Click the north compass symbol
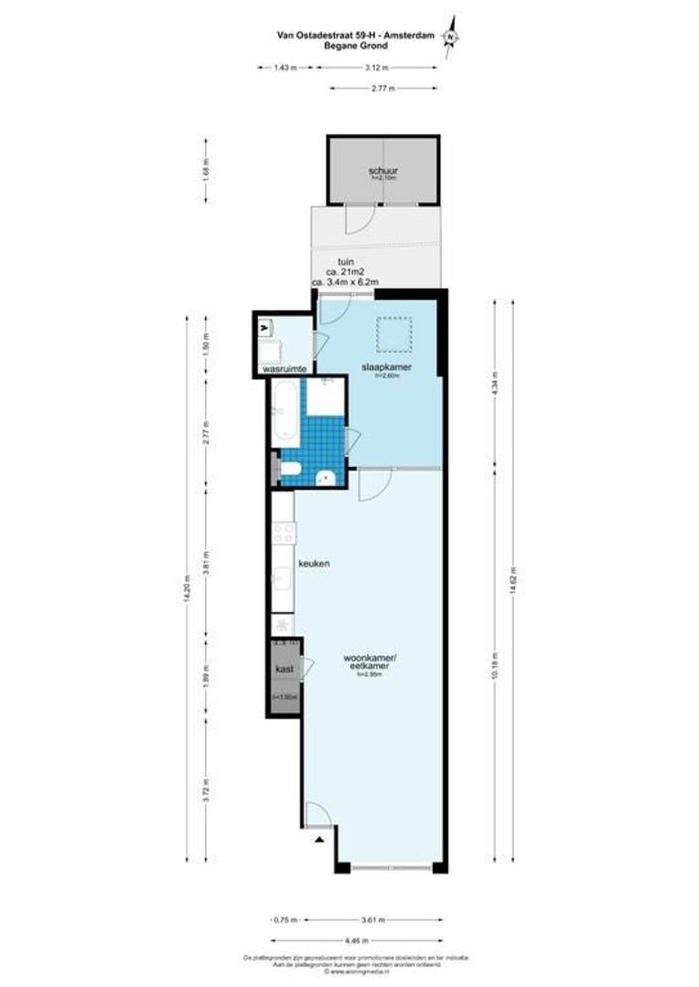(x=450, y=36)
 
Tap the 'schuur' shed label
(x=382, y=171)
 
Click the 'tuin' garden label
(x=346, y=261)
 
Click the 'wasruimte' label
(x=284, y=370)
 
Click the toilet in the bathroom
(x=292, y=470)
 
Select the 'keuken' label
(x=314, y=564)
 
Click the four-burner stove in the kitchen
(x=283, y=533)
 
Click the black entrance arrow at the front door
(x=318, y=838)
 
